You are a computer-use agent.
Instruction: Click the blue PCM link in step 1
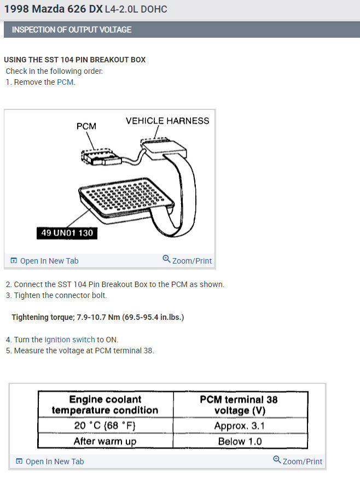pos(65,82)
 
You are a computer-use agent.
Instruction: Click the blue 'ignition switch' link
pos(69,340)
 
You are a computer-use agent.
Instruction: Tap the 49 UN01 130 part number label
pos(67,233)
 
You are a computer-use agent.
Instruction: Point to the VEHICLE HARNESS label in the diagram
pos(167,121)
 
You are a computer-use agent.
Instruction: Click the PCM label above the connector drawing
pos(86,126)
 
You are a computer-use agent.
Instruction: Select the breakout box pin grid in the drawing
pos(126,196)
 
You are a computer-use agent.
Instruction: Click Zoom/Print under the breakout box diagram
pos(187,260)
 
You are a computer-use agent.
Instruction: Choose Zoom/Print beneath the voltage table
pos(298,461)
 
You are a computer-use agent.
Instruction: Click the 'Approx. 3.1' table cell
pos(240,425)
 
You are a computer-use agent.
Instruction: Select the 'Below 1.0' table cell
pos(240,441)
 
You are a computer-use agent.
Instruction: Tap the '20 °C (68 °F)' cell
pos(106,425)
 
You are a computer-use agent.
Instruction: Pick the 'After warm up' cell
pos(106,441)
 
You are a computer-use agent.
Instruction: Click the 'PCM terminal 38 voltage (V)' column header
pos(240,405)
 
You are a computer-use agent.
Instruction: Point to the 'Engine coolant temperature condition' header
pos(106,405)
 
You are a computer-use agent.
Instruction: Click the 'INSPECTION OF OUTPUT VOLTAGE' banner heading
pos(72,30)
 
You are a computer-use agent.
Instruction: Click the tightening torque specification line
pos(98,317)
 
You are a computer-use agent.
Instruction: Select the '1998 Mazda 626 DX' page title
pos(53,9)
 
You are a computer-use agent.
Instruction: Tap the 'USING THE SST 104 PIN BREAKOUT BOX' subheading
pos(75,60)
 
